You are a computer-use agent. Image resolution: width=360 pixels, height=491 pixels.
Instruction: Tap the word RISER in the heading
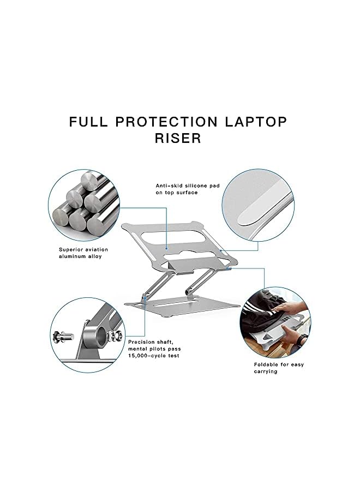178,139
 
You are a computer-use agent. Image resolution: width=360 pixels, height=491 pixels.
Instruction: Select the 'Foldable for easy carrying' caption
278,368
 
